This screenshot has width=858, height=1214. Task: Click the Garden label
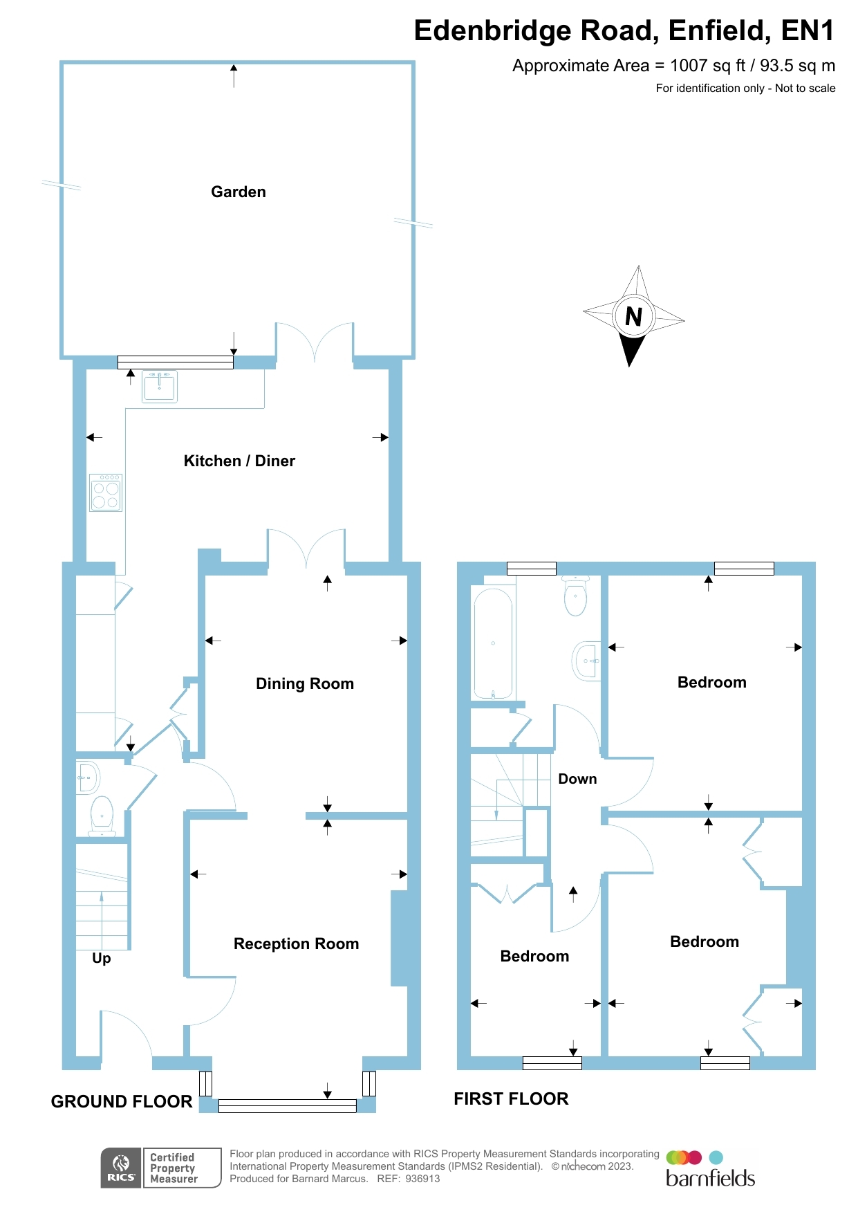[x=239, y=192]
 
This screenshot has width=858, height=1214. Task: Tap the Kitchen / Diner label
[x=239, y=461]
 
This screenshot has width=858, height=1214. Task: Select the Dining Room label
[x=305, y=683]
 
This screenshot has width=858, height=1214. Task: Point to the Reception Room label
[x=296, y=944]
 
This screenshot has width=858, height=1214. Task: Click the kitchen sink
[x=160, y=386]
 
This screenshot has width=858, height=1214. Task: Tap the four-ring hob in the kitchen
[x=106, y=493]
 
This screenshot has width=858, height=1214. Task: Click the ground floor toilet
[x=102, y=815]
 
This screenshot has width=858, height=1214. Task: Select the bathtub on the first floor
[x=493, y=643]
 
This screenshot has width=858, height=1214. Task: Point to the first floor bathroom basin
[x=587, y=661]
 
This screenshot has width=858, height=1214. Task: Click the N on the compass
[x=633, y=316]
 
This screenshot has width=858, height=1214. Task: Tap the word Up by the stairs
[x=102, y=958]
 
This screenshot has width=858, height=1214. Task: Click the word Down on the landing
[x=577, y=779]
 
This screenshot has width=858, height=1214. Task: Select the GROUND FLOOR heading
[x=122, y=1101]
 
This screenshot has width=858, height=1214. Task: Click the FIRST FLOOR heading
[x=511, y=1098]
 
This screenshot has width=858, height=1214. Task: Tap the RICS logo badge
[x=122, y=1168]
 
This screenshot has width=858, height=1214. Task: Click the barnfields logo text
[x=710, y=1178]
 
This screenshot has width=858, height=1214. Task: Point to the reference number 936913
[x=422, y=1179]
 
